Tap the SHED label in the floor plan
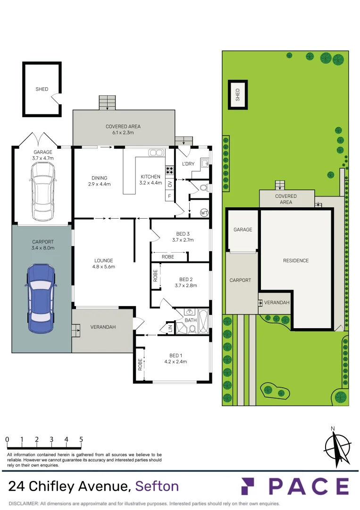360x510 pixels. [x=42, y=89]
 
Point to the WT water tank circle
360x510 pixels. [x=204, y=212]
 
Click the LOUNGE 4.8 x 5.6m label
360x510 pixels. [x=103, y=263]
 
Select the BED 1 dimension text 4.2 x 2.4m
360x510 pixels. [x=176, y=362]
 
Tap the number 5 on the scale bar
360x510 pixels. [x=81, y=439]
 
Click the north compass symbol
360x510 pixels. [x=337, y=446]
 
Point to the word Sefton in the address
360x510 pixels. [x=157, y=486]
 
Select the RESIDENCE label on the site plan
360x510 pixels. [x=296, y=261]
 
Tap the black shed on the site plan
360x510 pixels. [x=238, y=94]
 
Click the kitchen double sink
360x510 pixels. [x=156, y=153]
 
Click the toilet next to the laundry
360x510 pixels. [x=203, y=187]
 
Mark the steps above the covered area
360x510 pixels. [x=107, y=102]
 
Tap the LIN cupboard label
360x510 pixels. [x=169, y=327]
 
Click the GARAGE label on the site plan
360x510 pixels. [x=243, y=229]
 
